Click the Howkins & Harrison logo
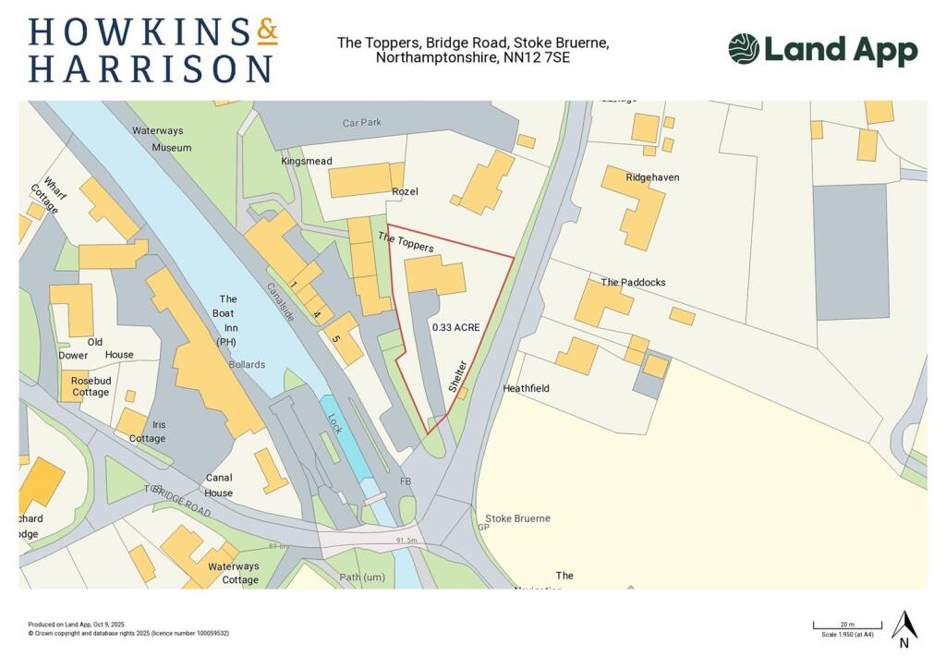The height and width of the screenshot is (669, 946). (152, 50)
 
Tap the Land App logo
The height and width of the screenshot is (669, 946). (821, 50)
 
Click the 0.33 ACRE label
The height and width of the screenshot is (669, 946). (455, 327)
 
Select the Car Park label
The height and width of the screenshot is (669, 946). (362, 122)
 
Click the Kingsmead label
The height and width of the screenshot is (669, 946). (306, 161)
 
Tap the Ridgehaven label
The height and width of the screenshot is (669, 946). (652, 176)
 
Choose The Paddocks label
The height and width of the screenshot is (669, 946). (633, 283)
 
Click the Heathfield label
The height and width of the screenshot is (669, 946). (526, 389)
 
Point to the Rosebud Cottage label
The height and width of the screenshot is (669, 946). (90, 385)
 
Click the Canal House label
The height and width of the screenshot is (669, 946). (219, 485)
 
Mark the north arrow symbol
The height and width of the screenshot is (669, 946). (904, 627)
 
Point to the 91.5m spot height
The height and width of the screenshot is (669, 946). (406, 541)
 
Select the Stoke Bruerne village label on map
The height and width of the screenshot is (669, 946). (517, 518)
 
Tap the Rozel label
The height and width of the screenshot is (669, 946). (405, 191)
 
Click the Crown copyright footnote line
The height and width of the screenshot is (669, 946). (128, 633)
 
